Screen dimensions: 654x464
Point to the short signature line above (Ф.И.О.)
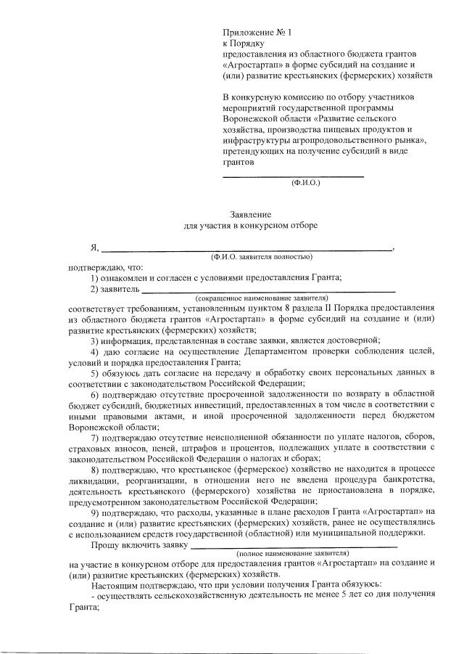292,176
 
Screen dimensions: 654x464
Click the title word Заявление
250,216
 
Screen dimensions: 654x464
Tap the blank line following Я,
246,248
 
